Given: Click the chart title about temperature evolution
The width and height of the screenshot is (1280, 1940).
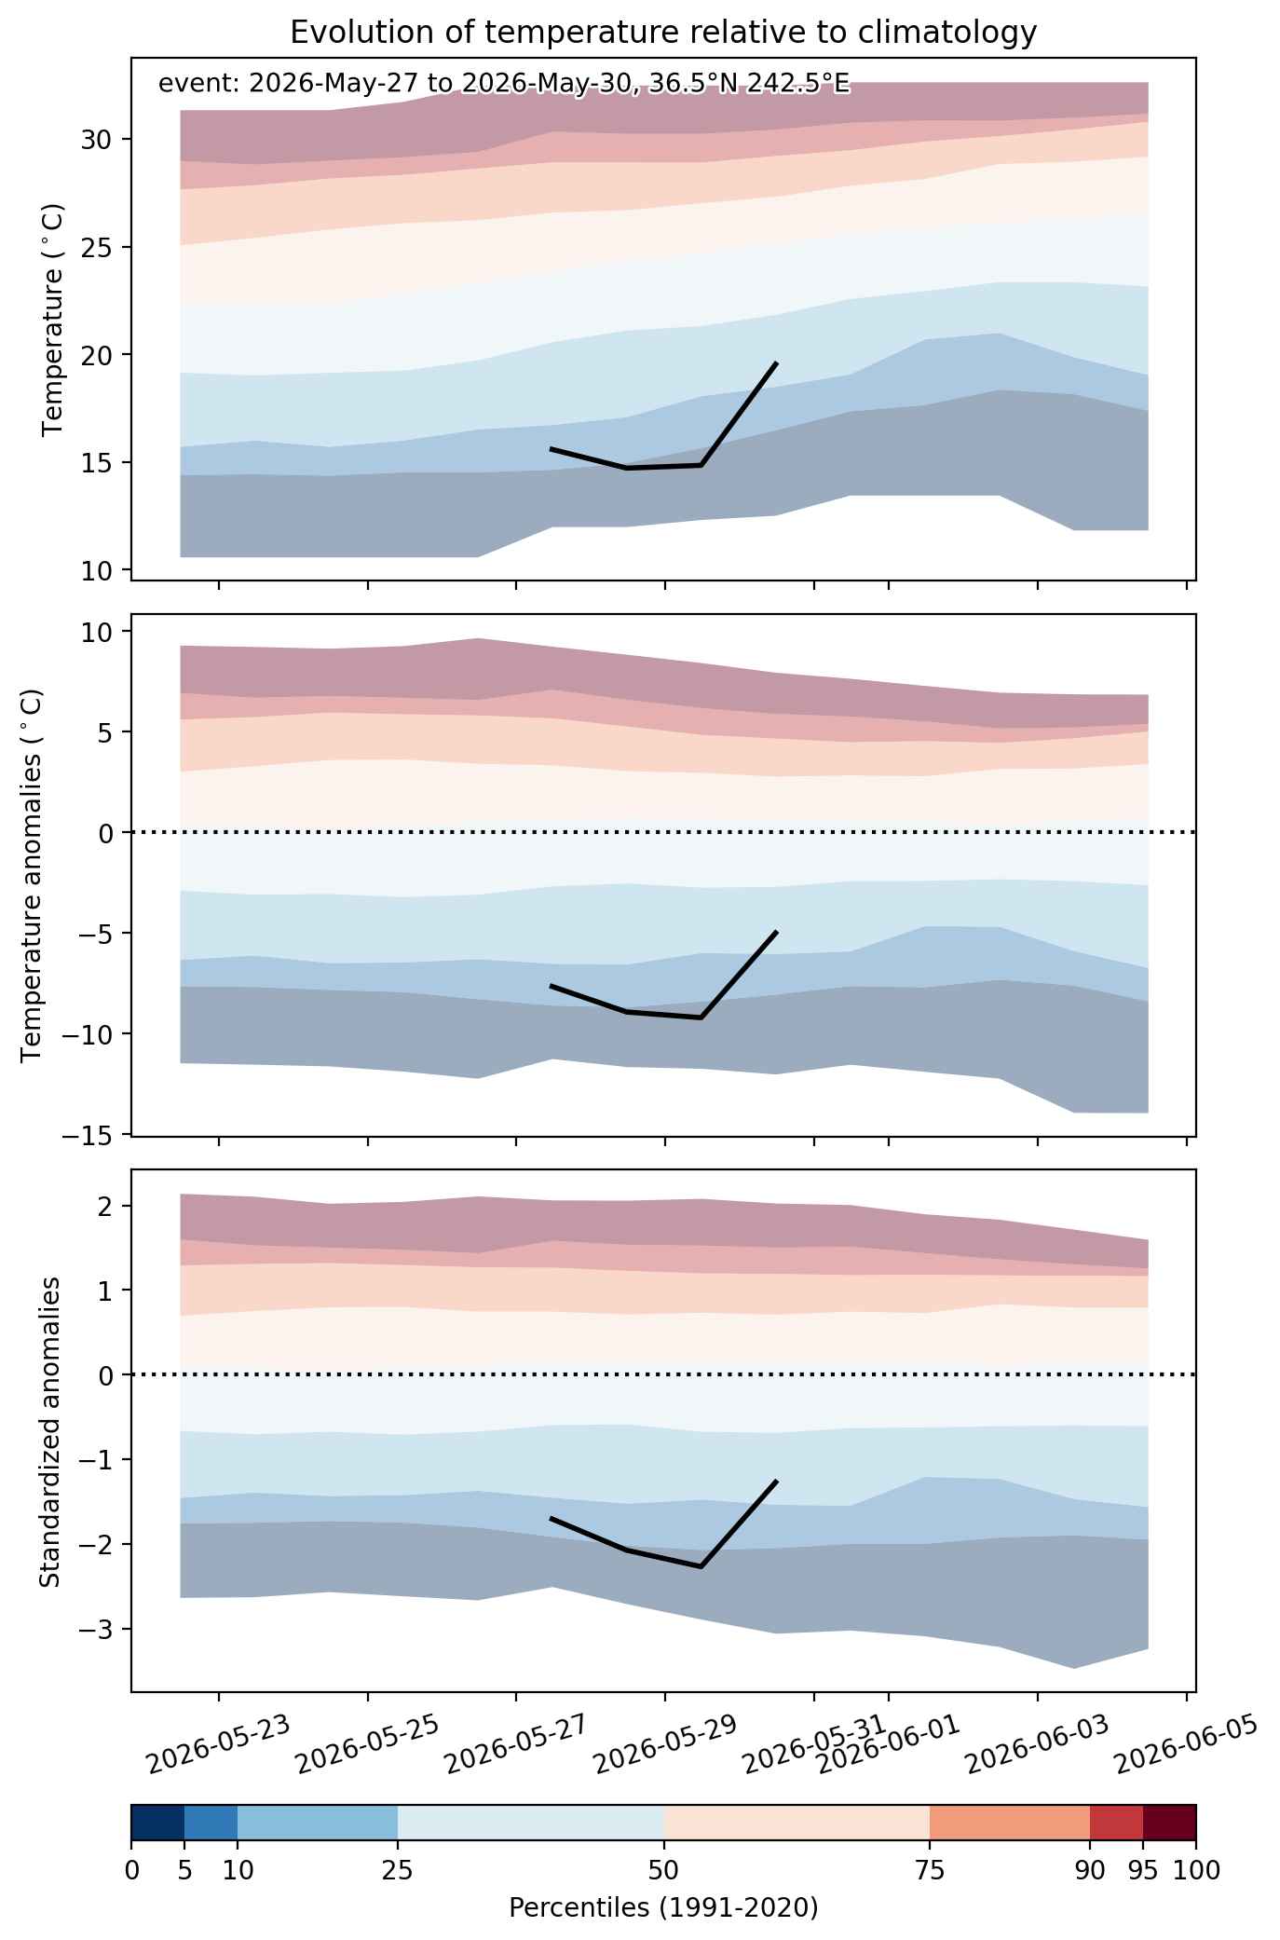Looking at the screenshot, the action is coord(663,33).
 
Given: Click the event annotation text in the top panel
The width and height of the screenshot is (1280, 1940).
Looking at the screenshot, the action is coord(504,84).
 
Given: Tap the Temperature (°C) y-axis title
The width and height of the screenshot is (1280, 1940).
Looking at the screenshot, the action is coord(53,320).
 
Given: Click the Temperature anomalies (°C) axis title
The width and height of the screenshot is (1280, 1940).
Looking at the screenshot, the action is coord(32,875).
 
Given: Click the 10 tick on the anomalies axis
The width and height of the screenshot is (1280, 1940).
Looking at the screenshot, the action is coord(98,632).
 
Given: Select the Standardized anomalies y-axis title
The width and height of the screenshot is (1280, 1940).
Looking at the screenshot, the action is coord(50,1430).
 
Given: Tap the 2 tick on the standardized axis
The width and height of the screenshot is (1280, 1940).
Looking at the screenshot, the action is coord(105,1207).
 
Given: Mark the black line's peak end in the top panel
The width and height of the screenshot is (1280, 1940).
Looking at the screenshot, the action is coord(776,362).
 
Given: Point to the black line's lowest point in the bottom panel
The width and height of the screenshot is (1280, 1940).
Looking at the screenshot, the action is coord(701,1566).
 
